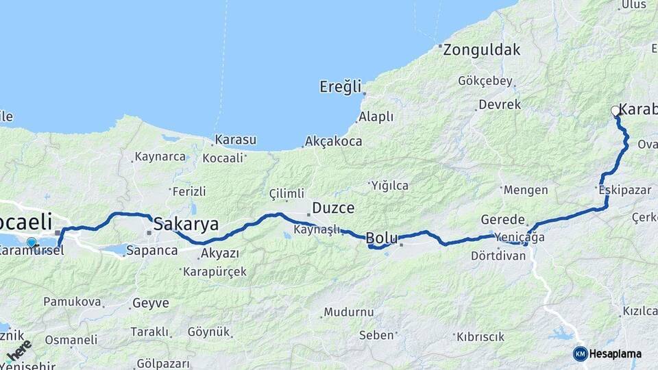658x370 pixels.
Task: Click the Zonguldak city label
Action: (481, 50)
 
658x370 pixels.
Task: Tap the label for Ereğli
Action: (340, 87)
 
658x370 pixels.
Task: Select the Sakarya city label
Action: (186, 224)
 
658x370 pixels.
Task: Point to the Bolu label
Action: (382, 238)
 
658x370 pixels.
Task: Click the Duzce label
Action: (333, 208)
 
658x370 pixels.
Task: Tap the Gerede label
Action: (502, 220)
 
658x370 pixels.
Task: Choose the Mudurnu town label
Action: (349, 312)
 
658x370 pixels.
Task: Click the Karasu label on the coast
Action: (235, 140)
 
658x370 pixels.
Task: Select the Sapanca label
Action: (155, 251)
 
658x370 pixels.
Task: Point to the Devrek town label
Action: (500, 105)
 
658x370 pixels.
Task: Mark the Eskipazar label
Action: (624, 190)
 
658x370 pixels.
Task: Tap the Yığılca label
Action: (389, 185)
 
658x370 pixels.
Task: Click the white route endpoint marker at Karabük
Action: (616, 111)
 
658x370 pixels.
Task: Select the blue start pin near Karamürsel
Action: (32, 242)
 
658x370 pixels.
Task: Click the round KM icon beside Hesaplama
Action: (580, 354)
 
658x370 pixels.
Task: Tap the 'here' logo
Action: (19, 351)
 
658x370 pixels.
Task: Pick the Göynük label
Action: (208, 332)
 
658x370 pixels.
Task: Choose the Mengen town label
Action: (526, 190)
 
